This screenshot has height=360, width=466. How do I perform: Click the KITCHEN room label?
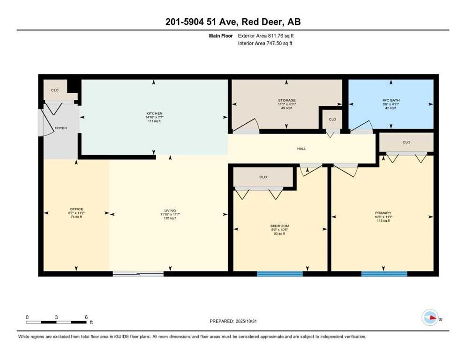[x=155, y=113]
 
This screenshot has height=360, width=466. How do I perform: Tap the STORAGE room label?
[x=286, y=100]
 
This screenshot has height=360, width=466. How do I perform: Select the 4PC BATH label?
[x=390, y=100]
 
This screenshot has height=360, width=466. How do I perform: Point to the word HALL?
[x=301, y=149]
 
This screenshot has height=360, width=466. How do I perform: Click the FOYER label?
[x=61, y=128]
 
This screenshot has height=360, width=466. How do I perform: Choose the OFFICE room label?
[x=76, y=209]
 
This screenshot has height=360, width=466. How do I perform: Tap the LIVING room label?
[x=170, y=210]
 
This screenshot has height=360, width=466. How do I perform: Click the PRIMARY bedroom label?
[x=383, y=213]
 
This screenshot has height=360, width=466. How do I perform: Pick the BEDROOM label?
[x=280, y=226]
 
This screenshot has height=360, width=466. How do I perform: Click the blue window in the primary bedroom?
[x=384, y=274]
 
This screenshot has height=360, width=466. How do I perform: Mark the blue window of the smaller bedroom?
[x=280, y=274]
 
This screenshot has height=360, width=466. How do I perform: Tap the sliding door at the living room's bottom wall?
[x=138, y=274]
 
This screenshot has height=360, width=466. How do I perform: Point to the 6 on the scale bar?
[x=86, y=317]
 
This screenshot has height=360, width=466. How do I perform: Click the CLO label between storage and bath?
[x=332, y=120]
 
